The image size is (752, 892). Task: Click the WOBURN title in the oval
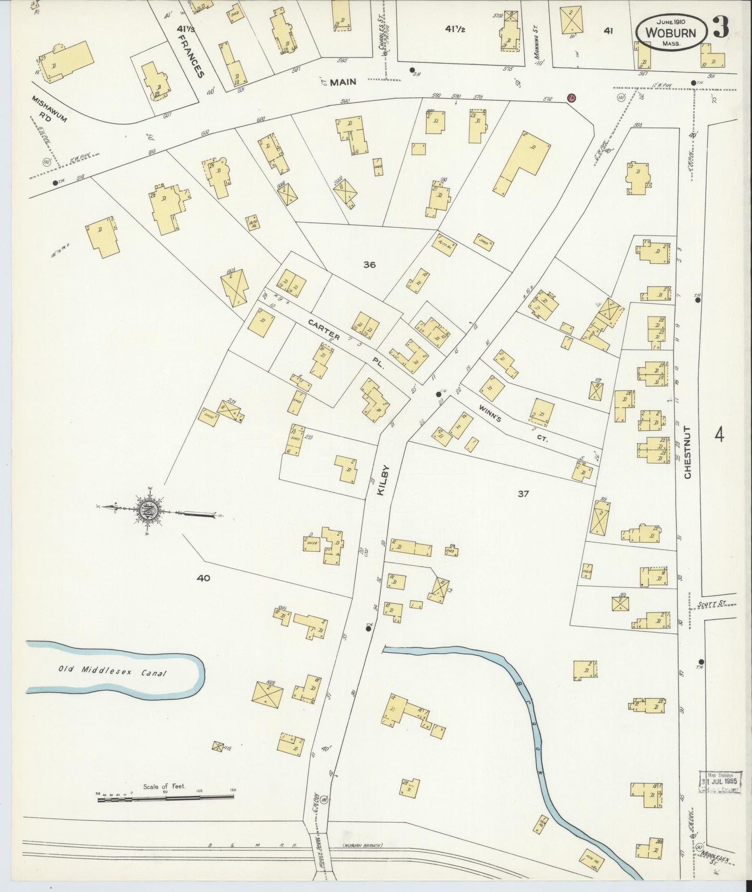pos(671,32)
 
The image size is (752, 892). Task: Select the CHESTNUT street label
pos(687,452)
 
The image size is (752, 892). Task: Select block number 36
pos(369,264)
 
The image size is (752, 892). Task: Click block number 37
pos(523,493)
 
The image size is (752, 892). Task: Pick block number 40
pos(203,578)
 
